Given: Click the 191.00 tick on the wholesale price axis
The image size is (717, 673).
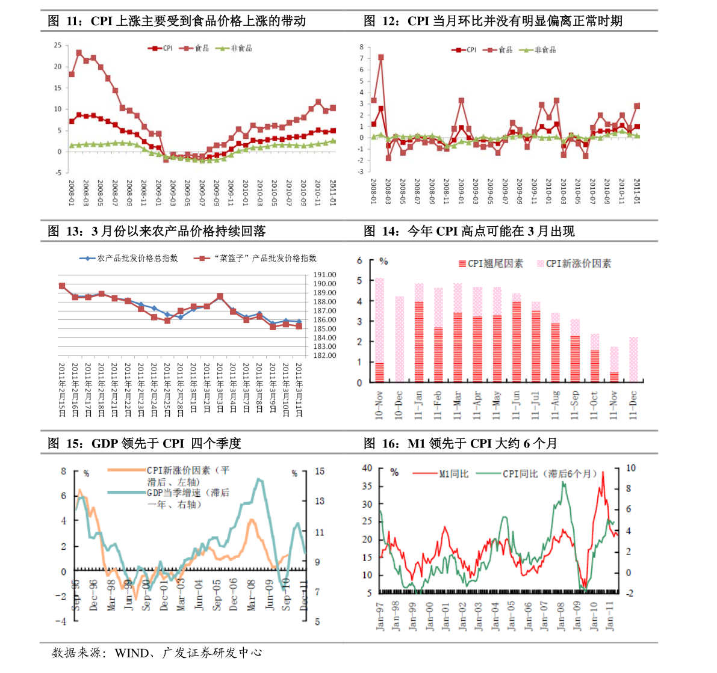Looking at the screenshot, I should (x=324, y=275).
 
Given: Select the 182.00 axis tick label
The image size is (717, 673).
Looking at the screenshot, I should (x=324, y=355).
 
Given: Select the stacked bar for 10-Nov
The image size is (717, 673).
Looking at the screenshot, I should (x=379, y=330).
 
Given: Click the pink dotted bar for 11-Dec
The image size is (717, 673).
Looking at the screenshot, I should (x=633, y=359).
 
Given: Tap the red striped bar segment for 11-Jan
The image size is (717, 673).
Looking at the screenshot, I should (x=418, y=342).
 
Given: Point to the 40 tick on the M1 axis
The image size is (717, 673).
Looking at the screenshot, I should (x=367, y=468).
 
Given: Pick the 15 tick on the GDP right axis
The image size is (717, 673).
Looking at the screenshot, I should (x=320, y=472).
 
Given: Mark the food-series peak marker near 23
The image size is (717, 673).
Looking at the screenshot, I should (x=79, y=54).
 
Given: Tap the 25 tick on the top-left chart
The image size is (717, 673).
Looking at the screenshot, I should (x=57, y=45).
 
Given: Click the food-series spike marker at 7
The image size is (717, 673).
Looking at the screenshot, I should (x=380, y=58).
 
